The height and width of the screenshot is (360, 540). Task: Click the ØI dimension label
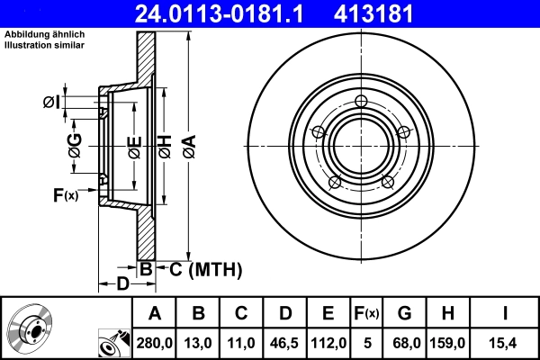[53, 102]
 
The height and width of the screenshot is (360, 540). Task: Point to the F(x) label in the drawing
[66, 194]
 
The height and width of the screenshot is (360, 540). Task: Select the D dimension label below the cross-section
[122, 286]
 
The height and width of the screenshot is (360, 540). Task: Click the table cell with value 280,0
[153, 342]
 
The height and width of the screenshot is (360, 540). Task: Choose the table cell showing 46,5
[285, 342]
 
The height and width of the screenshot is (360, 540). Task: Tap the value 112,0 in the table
[328, 342]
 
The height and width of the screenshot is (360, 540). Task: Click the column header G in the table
[404, 313]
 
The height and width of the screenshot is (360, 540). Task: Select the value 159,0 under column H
[447, 342]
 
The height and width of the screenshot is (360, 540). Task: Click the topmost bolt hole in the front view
[362, 101]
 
